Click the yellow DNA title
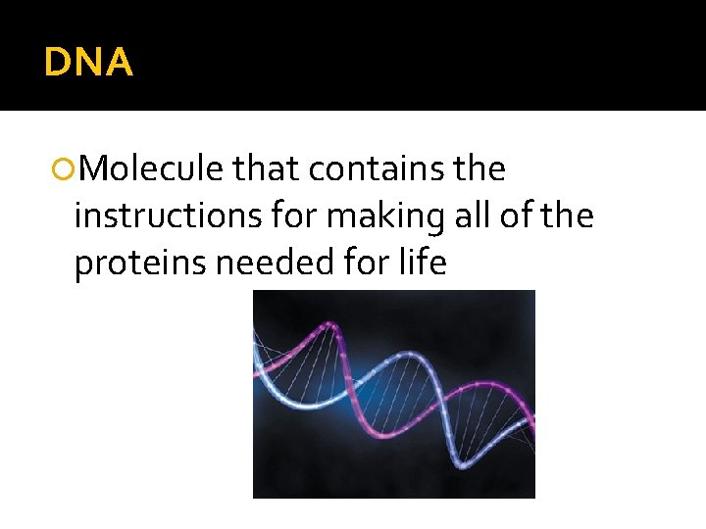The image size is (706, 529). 88,64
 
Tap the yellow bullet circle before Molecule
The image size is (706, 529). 66,170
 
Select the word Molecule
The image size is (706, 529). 152,169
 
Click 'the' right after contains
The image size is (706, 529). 480,169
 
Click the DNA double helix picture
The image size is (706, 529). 393,394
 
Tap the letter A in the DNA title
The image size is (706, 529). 118,64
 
